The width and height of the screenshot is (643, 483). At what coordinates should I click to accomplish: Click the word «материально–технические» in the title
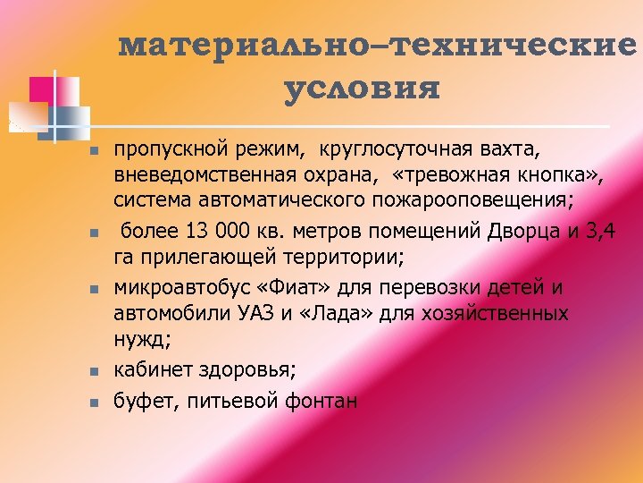tap(379, 47)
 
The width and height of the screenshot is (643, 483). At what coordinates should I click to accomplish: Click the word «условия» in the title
tap(363, 89)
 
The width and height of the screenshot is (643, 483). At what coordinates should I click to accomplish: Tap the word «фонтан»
tap(321, 402)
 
